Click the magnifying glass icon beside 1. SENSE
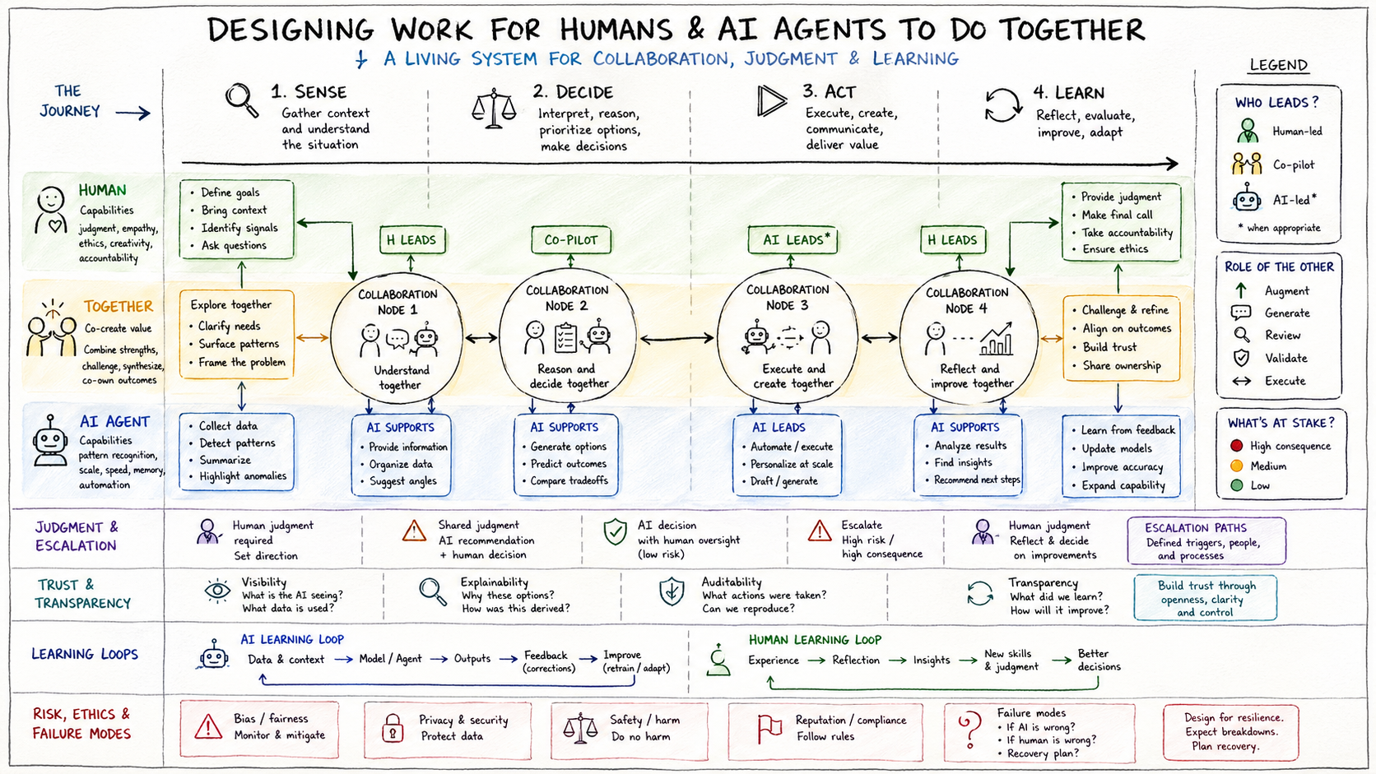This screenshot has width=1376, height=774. pyautogui.click(x=242, y=100)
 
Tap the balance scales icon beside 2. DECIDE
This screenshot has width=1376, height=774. pyautogui.click(x=494, y=109)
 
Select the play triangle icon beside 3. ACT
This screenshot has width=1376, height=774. pyautogui.click(x=771, y=101)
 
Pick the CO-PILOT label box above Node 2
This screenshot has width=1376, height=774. pyautogui.click(x=571, y=239)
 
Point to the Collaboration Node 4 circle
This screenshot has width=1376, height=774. pyautogui.click(x=966, y=337)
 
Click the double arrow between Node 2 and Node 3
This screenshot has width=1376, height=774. pyautogui.click(x=676, y=338)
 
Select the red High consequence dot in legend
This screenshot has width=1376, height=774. pyautogui.click(x=1236, y=446)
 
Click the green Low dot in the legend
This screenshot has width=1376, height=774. pyautogui.click(x=1236, y=485)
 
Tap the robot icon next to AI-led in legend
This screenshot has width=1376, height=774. pyautogui.click(x=1247, y=199)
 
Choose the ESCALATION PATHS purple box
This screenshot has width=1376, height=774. pyautogui.click(x=1206, y=541)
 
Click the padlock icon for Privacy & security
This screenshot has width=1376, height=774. pyautogui.click(x=393, y=728)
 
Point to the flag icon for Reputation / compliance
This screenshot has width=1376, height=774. pyautogui.click(x=769, y=729)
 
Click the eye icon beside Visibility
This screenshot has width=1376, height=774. pyautogui.click(x=217, y=591)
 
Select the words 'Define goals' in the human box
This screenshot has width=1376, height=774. pyautogui.click(x=230, y=192)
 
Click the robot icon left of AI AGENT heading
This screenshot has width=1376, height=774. pyautogui.click(x=51, y=442)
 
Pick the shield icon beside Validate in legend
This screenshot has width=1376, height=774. pyautogui.click(x=1241, y=358)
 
